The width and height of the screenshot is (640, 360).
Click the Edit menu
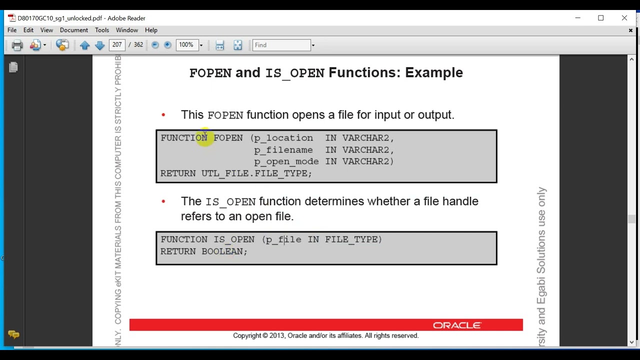tap(28, 30)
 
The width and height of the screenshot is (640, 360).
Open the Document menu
tap(74, 30)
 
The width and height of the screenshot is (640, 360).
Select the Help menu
tap(151, 30)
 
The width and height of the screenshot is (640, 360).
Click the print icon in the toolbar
tap(17, 45)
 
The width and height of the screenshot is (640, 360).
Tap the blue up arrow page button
tap(84, 45)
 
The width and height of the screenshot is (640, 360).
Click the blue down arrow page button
tap(99, 45)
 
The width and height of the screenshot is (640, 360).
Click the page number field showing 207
tap(117, 45)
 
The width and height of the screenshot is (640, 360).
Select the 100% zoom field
tap(186, 45)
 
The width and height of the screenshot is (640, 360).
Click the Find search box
tap(281, 45)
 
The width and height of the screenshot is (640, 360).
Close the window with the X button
tap(624, 18)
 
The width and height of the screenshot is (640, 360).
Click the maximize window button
tap(601, 18)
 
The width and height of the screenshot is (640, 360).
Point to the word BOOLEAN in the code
tap(222, 251)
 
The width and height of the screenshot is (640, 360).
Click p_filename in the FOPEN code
tap(283, 149)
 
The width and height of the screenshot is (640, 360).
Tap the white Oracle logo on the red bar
tap(457, 325)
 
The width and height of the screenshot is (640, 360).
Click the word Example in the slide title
tap(433, 72)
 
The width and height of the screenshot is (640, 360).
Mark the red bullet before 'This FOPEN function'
tap(163, 115)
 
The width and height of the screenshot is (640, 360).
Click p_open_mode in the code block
tap(286, 161)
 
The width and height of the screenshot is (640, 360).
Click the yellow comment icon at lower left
tap(13, 334)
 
